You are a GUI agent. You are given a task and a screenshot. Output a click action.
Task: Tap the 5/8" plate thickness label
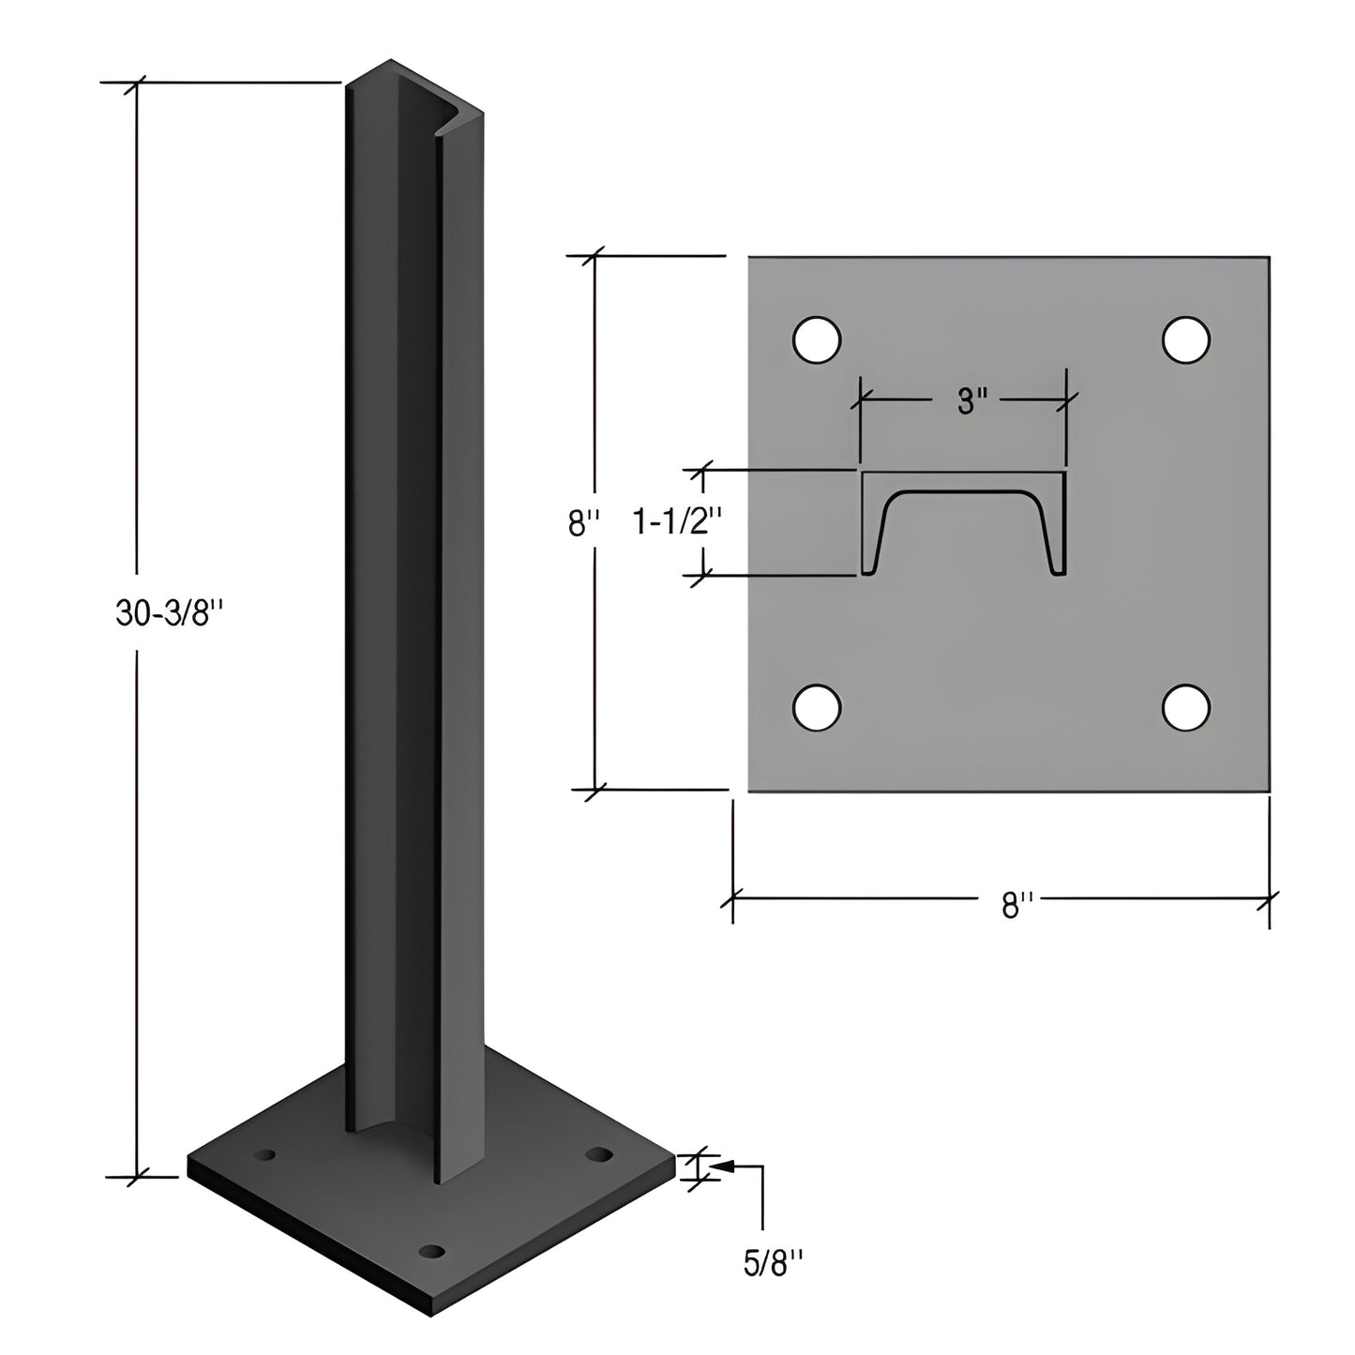[x=774, y=1264]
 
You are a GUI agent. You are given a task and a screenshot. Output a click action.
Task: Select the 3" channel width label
[x=972, y=402]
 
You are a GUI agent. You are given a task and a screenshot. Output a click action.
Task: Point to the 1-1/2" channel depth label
[x=670, y=522]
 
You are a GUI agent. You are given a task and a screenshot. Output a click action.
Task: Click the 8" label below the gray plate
[x=1016, y=906]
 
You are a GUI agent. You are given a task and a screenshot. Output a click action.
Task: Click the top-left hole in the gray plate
[x=817, y=339]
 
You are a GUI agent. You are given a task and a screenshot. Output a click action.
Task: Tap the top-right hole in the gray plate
[x=1186, y=339]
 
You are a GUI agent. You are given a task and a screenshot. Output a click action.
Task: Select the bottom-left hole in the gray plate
[x=817, y=708]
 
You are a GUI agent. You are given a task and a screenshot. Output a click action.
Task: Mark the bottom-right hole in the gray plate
[x=1186, y=708]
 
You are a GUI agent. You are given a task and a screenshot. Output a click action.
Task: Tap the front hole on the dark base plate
[x=431, y=1251]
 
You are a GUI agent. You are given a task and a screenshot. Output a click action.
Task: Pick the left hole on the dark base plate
[x=267, y=1154]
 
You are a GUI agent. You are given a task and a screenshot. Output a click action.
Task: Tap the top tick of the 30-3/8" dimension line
[x=139, y=83]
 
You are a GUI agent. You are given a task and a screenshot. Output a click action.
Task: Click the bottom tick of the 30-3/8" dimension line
[x=139, y=1175]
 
